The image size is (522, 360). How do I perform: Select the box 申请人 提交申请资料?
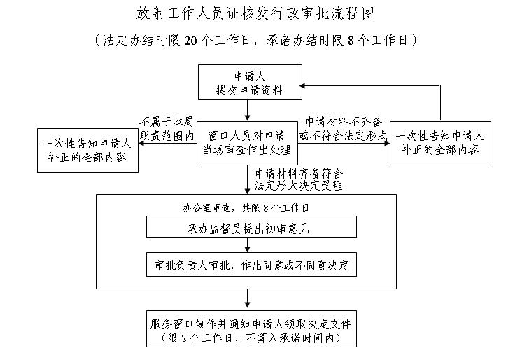[249, 83]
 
